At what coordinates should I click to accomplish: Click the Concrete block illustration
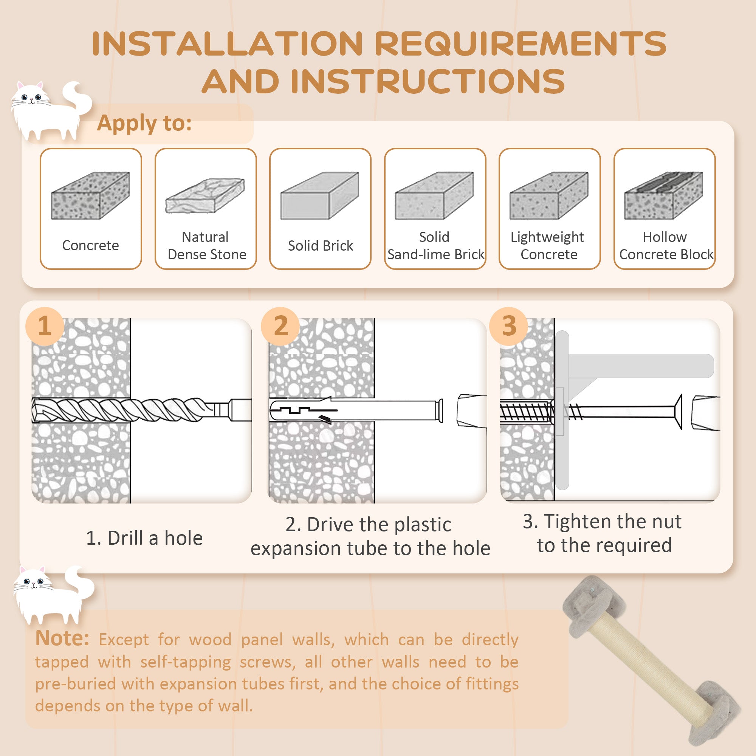[x=90, y=195]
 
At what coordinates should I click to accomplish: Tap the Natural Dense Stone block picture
[x=205, y=195]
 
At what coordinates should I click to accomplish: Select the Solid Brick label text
[x=321, y=246]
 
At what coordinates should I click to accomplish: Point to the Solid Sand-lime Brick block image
[x=434, y=195]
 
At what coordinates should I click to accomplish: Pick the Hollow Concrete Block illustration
[x=664, y=195]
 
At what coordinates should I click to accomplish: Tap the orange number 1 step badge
[x=45, y=326]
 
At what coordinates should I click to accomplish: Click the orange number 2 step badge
[x=280, y=326]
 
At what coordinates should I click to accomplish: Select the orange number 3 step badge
[x=509, y=326]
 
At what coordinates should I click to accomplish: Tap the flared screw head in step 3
[x=678, y=412]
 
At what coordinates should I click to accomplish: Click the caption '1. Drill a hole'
[x=144, y=538]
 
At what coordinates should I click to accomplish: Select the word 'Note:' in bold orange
[x=62, y=638]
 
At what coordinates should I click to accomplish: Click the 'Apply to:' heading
[x=144, y=123]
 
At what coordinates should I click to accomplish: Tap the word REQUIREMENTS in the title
[x=521, y=43]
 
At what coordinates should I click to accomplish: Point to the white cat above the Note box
[x=53, y=595]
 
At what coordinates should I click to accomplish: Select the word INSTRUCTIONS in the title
[x=428, y=81]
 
